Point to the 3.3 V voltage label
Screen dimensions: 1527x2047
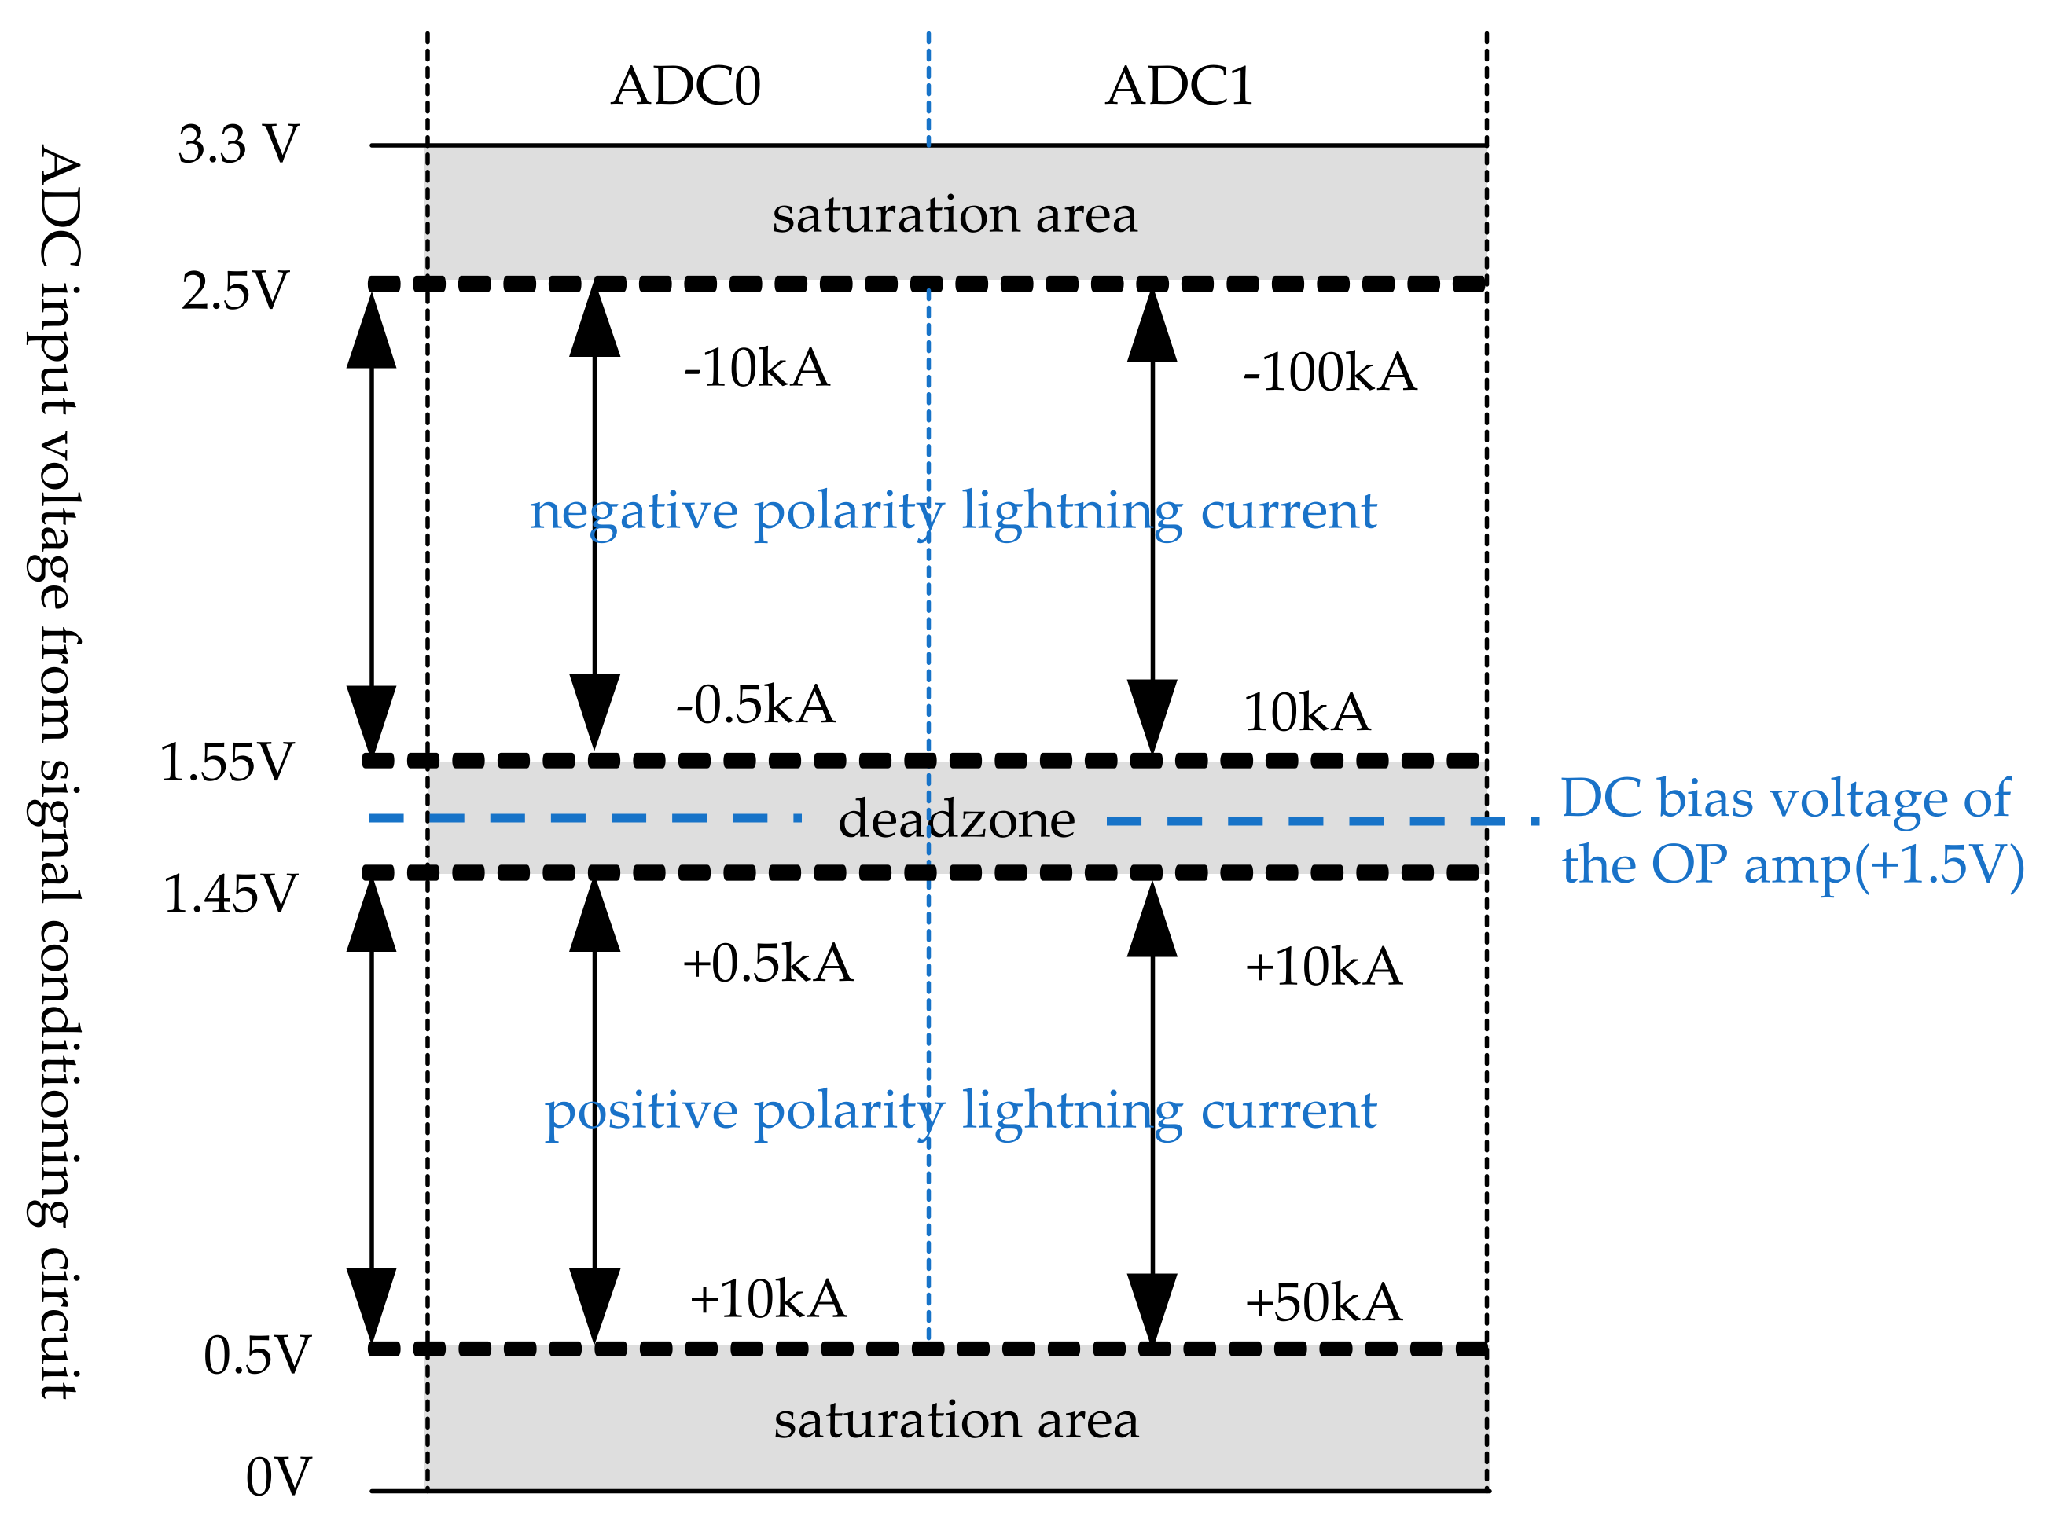pos(238,145)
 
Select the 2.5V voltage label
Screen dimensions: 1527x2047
pos(235,291)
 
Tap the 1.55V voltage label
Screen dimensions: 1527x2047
pos(226,762)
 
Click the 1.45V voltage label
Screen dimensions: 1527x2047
pos(230,894)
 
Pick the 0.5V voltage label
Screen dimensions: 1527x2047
pos(257,1356)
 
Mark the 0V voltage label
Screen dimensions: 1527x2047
pos(277,1477)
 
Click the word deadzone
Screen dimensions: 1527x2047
pos(955,820)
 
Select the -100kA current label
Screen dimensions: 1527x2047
pos(1329,373)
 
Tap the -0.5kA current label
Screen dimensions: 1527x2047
pos(755,705)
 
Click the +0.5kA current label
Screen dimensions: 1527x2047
pos(766,964)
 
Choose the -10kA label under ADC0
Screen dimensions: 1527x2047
pos(755,368)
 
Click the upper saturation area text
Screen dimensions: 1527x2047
pos(954,215)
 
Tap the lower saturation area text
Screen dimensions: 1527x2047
pos(955,1421)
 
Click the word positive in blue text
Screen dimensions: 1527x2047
pos(640,1112)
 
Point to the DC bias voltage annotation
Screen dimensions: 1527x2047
pos(1791,832)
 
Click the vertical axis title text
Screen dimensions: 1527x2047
pos(57,771)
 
